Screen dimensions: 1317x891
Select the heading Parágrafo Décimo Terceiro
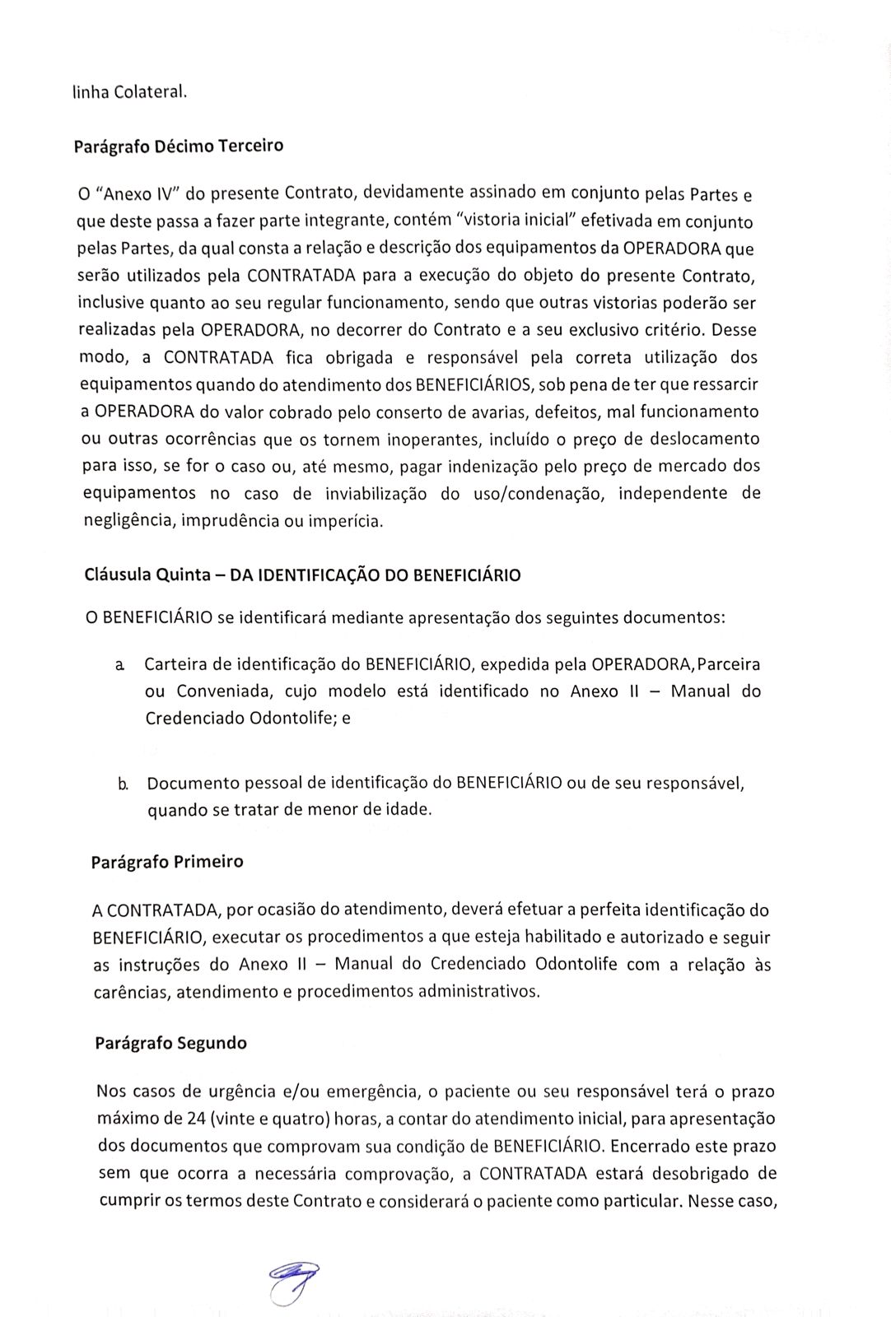click(x=178, y=147)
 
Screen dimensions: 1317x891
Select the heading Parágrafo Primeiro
click(x=167, y=862)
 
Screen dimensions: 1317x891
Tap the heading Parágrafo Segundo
click(x=170, y=1043)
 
